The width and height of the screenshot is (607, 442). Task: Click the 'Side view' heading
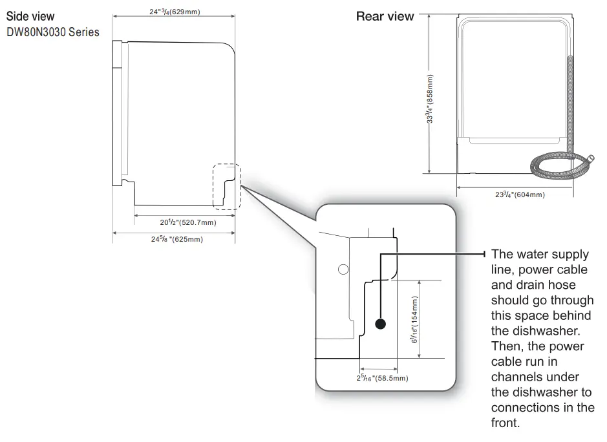click(30, 16)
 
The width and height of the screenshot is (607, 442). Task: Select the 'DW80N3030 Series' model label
click(53, 32)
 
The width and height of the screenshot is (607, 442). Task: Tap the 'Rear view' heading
click(385, 17)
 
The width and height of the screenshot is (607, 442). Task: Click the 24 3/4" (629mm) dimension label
click(174, 12)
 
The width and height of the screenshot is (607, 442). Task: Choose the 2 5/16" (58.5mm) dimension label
click(382, 377)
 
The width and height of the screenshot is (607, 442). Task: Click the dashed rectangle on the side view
click(226, 186)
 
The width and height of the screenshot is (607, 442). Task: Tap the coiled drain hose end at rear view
click(590, 159)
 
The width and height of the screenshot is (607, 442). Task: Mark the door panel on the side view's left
click(117, 113)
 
